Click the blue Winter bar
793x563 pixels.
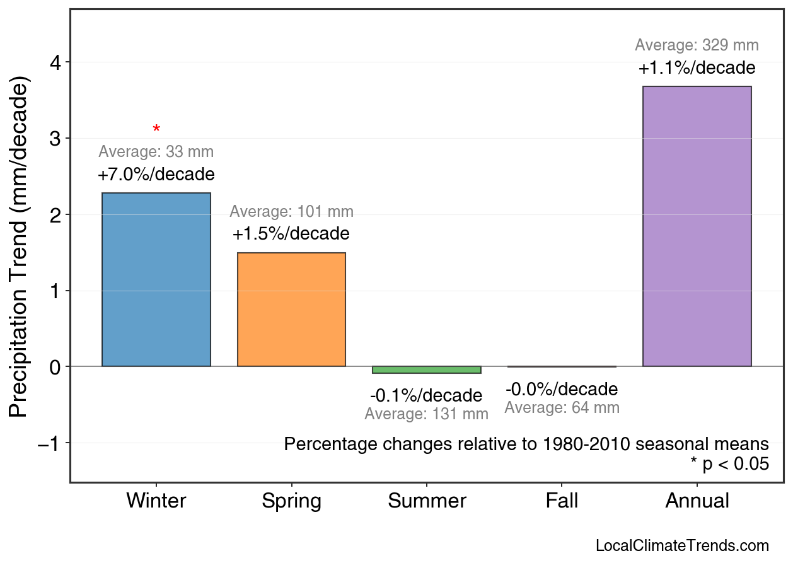coord(156,279)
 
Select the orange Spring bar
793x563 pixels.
coord(291,309)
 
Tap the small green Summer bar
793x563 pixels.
coord(426,369)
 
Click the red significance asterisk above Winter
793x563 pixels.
coord(156,130)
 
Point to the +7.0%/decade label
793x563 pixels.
coord(156,174)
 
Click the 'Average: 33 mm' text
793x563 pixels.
coord(156,152)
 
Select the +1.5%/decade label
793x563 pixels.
coord(291,234)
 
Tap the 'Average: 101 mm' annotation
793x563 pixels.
coord(291,212)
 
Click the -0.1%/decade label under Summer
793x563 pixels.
coord(426,396)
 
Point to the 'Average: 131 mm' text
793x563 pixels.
coord(426,414)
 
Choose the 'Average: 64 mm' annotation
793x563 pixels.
coord(562,408)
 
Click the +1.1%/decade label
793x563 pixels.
coord(697,67)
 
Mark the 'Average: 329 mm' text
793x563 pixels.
coord(697,45)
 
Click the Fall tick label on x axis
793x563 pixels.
coord(562,501)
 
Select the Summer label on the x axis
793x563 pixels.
coord(427,501)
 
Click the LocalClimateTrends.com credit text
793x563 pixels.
coord(682,545)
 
